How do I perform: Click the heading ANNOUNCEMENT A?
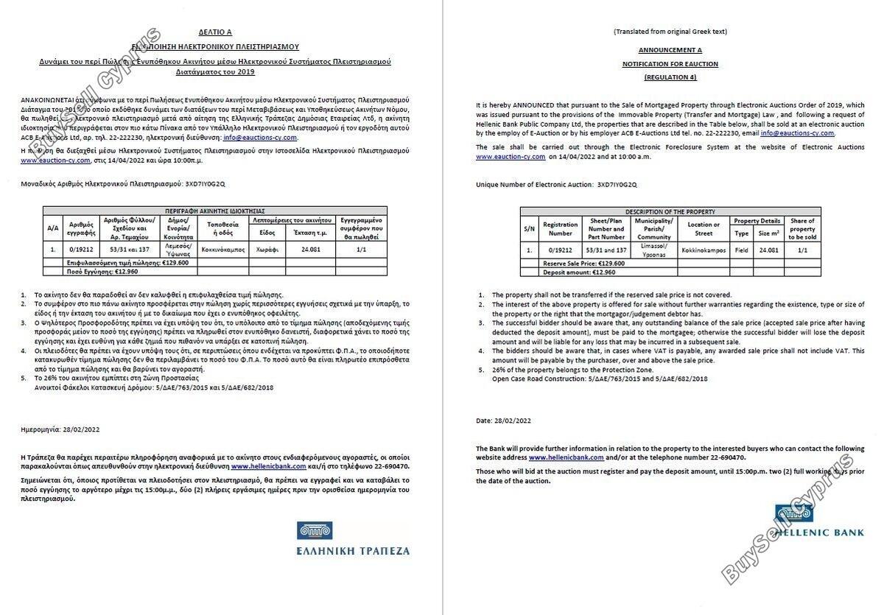[x=670, y=50]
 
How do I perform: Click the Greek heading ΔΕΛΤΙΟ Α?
[x=215, y=32]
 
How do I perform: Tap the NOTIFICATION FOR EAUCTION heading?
[x=670, y=64]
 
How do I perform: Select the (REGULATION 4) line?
[x=670, y=77]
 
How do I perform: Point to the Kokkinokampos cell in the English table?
[x=704, y=250]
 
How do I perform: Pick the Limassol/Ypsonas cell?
[x=654, y=250]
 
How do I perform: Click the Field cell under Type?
[x=741, y=250]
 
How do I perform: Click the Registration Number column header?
[x=560, y=228]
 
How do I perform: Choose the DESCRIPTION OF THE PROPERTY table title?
[x=670, y=211]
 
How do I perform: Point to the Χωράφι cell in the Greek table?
[x=267, y=250]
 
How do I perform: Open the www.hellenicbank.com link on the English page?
[x=566, y=457]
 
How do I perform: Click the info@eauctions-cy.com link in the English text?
[x=797, y=133]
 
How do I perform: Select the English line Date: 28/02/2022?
[x=503, y=421]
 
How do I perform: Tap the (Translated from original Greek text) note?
[x=670, y=32]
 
